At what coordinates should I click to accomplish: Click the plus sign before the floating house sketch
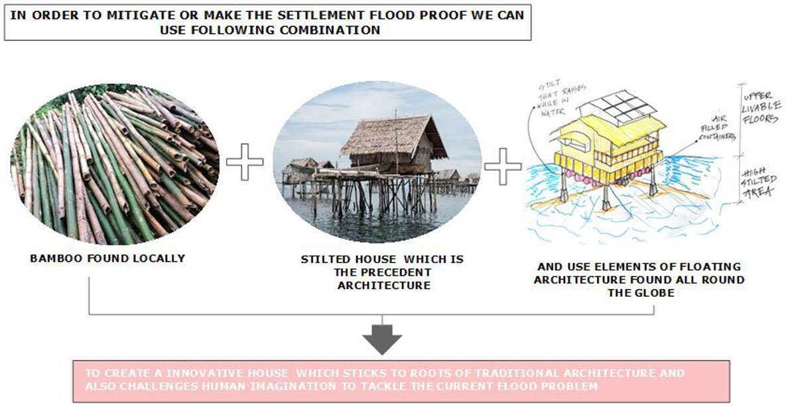[x=502, y=165]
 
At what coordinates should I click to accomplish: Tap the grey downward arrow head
[x=382, y=341]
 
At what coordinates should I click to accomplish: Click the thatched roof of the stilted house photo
[x=391, y=135]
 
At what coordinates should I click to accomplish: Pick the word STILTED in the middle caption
[x=325, y=259]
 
